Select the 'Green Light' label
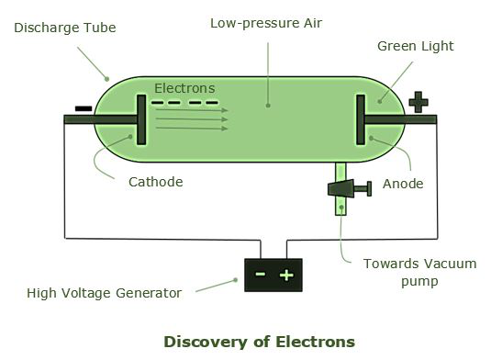pyautogui.click(x=415, y=46)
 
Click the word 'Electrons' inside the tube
pyautogui.click(x=184, y=88)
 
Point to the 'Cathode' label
pyautogui.click(x=155, y=182)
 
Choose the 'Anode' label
pyautogui.click(x=403, y=184)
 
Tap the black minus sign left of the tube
pyautogui.click(x=83, y=108)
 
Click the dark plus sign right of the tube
pyautogui.click(x=419, y=101)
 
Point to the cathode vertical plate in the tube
pyautogui.click(x=141, y=119)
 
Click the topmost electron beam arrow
pyautogui.click(x=191, y=109)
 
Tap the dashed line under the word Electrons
pyautogui.click(x=184, y=101)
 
